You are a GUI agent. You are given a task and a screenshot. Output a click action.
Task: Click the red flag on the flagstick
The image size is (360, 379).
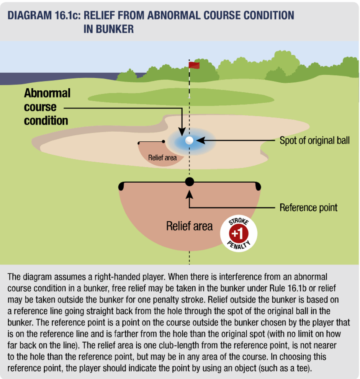coord(194,65)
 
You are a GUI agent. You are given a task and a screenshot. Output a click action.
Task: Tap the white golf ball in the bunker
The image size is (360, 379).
coord(189,140)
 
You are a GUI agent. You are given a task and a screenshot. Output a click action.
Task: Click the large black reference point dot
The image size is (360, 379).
coord(190,182)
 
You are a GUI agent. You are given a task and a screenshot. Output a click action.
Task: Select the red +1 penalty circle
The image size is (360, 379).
coord(238,233)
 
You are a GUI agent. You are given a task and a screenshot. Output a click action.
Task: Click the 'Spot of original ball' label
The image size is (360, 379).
coord(314,140)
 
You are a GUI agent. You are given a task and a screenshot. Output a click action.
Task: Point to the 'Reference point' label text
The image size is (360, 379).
coord(308,207)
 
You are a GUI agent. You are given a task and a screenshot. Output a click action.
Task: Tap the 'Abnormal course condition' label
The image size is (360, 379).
coord(47,107)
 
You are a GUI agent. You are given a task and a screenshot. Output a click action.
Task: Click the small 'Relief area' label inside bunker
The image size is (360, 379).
coord(162,158)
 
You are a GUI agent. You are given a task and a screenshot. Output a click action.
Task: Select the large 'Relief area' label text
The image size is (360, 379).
coord(189,226)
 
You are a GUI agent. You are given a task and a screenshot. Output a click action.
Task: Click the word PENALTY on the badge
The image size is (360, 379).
coord(239,245)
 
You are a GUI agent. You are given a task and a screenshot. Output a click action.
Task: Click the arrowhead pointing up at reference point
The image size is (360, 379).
coord(190,195)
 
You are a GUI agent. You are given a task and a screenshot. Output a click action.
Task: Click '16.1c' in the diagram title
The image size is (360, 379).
coord(67,15)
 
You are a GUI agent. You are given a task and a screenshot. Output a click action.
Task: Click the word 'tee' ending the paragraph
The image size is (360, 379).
coord(303,368)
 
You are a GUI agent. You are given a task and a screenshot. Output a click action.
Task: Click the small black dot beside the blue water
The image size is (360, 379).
coord(164,141)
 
